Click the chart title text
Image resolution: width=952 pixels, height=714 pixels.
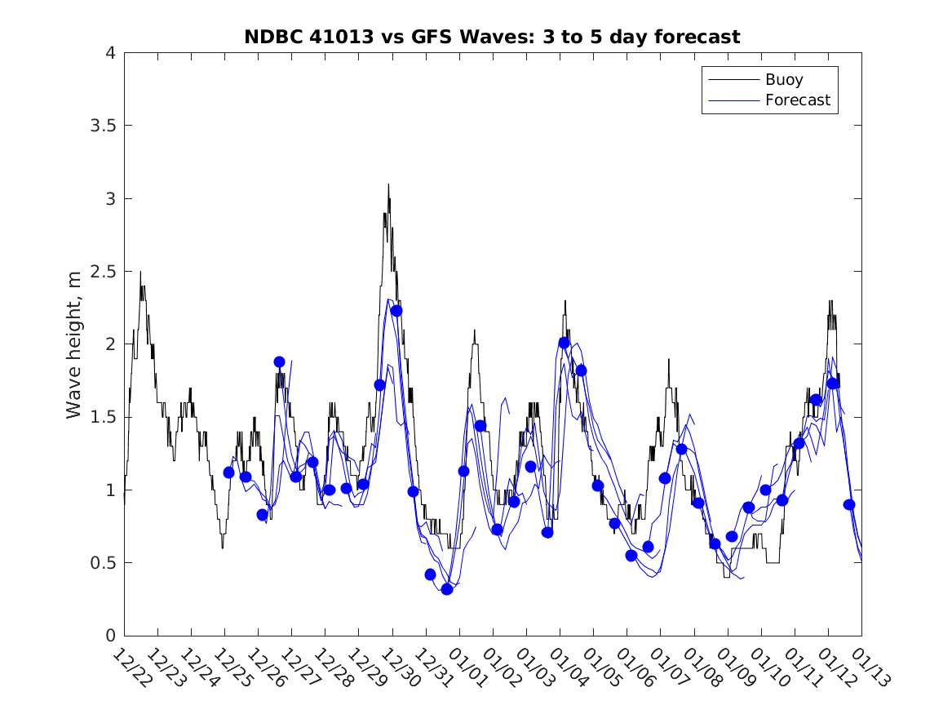(492, 37)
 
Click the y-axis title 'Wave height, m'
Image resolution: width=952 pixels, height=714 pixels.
(74, 344)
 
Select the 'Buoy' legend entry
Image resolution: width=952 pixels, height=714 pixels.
(783, 80)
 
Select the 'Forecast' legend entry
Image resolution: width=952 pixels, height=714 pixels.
(797, 100)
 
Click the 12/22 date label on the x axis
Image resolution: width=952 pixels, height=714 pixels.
(131, 667)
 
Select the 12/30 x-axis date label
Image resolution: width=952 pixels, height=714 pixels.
(399, 667)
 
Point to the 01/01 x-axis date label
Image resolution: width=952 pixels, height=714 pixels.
(466, 667)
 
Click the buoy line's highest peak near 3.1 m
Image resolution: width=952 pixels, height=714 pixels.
(388, 185)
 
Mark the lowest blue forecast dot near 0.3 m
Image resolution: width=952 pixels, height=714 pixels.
(447, 589)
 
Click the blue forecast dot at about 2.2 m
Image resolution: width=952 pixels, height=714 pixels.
(396, 311)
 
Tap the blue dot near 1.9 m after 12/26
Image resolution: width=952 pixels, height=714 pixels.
(279, 361)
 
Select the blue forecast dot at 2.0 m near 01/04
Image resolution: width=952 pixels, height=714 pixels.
(564, 343)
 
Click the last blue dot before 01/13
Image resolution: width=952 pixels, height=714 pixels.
(849, 504)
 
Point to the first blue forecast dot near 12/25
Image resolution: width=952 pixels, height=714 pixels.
(228, 472)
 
